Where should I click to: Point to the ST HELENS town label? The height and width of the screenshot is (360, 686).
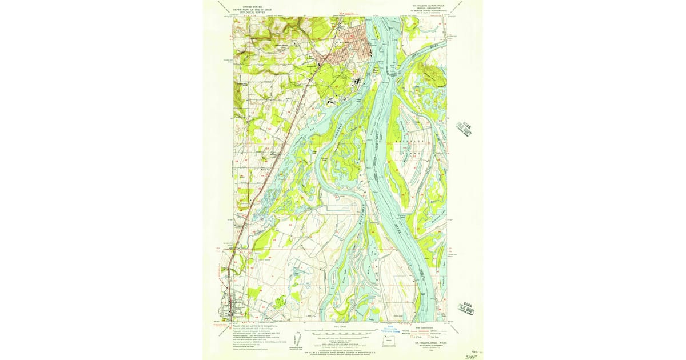(341, 42)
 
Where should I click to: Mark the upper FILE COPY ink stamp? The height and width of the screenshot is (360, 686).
(465, 129)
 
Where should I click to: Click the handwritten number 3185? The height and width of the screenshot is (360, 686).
(472, 354)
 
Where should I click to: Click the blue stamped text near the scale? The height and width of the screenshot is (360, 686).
(389, 331)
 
